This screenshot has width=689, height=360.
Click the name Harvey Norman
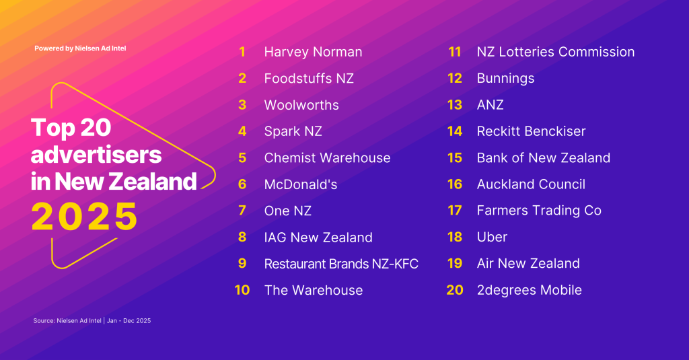click(313, 52)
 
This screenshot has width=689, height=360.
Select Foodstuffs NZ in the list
click(309, 78)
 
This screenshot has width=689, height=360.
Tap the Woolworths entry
click(301, 105)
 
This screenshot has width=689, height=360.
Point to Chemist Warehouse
click(328, 158)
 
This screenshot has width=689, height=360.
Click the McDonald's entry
click(301, 184)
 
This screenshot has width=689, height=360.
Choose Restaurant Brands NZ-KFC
click(341, 264)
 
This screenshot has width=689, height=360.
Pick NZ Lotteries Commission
click(556, 52)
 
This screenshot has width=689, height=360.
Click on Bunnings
click(506, 78)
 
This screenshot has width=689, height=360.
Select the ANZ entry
click(491, 104)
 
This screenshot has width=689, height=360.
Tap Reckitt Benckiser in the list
click(532, 131)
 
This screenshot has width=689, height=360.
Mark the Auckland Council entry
click(532, 184)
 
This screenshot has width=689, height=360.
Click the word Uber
click(492, 237)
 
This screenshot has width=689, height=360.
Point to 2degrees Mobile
click(530, 290)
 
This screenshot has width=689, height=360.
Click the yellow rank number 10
click(242, 290)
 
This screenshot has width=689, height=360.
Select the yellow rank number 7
click(242, 211)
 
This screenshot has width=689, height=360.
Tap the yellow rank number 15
click(455, 158)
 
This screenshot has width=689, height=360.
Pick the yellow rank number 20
click(455, 290)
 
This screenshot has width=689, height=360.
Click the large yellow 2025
click(84, 217)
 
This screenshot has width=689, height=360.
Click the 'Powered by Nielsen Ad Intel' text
click(81, 48)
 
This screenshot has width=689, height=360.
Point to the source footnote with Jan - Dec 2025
click(92, 321)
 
